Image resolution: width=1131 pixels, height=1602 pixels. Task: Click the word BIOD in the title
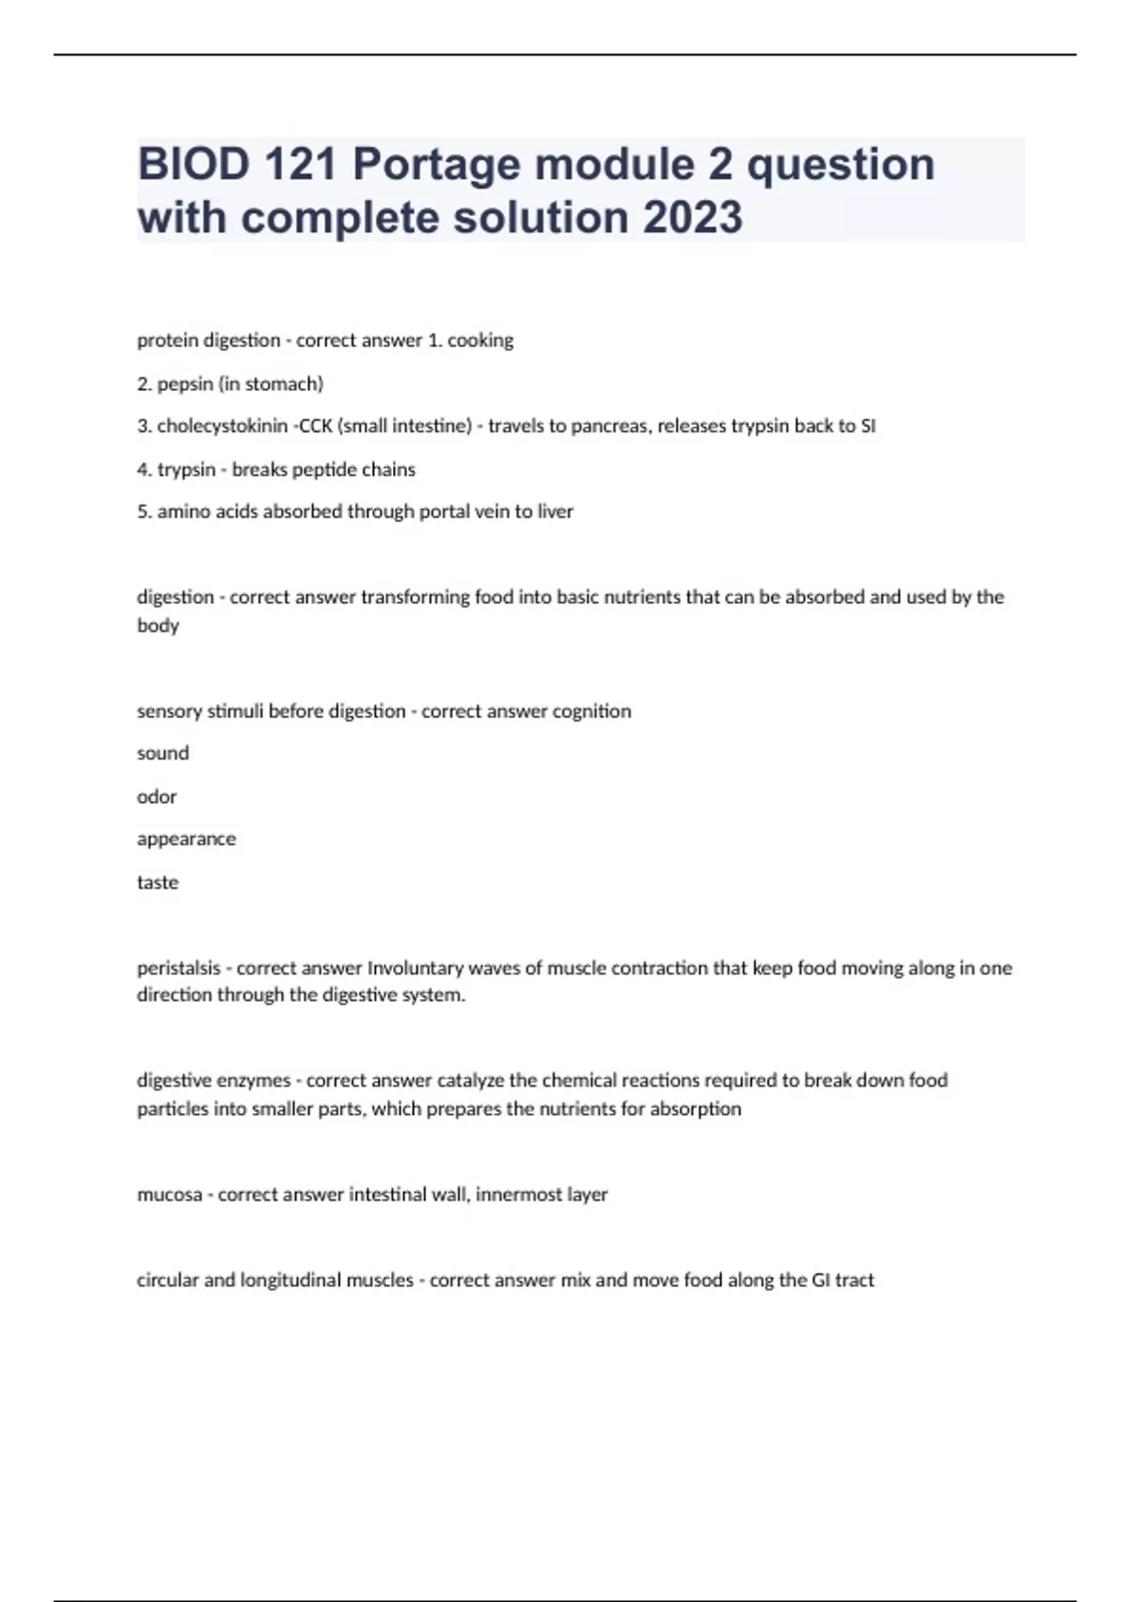[193, 165]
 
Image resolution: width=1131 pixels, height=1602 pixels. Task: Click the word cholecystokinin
[221, 426]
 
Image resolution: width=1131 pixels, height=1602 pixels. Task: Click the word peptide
[317, 469]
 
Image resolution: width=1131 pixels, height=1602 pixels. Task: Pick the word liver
[555, 512]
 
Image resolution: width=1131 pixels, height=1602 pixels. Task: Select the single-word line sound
[163, 753]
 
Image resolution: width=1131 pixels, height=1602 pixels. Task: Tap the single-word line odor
[156, 796]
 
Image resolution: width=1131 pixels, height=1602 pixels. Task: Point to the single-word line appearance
[187, 839]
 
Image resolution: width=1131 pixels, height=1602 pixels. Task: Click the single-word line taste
[157, 882]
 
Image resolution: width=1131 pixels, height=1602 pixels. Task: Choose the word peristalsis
[178, 968]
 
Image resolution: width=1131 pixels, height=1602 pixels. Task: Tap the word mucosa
[170, 1195]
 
